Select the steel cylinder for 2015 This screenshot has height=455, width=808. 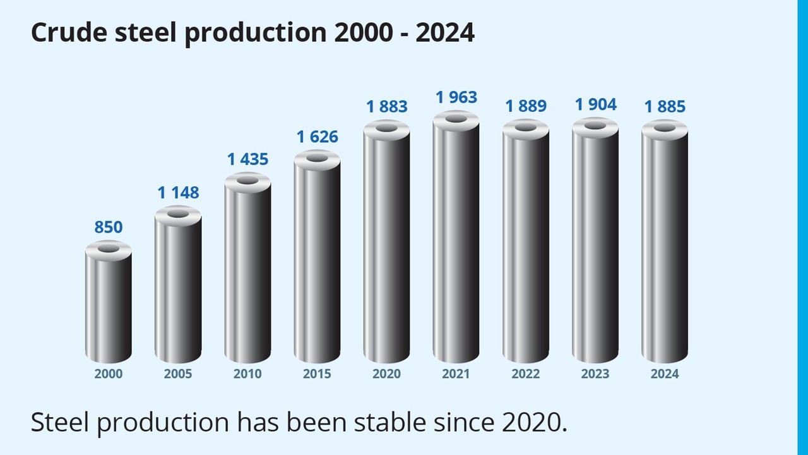click(317, 259)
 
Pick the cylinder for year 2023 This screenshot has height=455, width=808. click(595, 243)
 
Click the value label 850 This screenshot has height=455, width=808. click(109, 227)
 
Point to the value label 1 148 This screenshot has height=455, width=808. click(178, 193)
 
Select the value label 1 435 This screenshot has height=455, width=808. click(247, 159)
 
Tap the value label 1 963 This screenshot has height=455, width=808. click(456, 97)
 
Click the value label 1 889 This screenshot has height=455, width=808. click(526, 106)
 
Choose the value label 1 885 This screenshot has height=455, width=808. click(665, 107)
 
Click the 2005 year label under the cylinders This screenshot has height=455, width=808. click(178, 374)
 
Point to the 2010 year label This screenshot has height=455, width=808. click(247, 374)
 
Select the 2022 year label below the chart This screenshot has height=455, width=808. click(526, 374)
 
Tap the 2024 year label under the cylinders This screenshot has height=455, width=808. click(665, 374)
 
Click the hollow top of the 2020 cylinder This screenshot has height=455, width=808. click(386, 128)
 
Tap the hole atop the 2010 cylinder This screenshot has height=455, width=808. click(247, 181)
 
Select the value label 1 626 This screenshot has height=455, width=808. click(317, 136)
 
